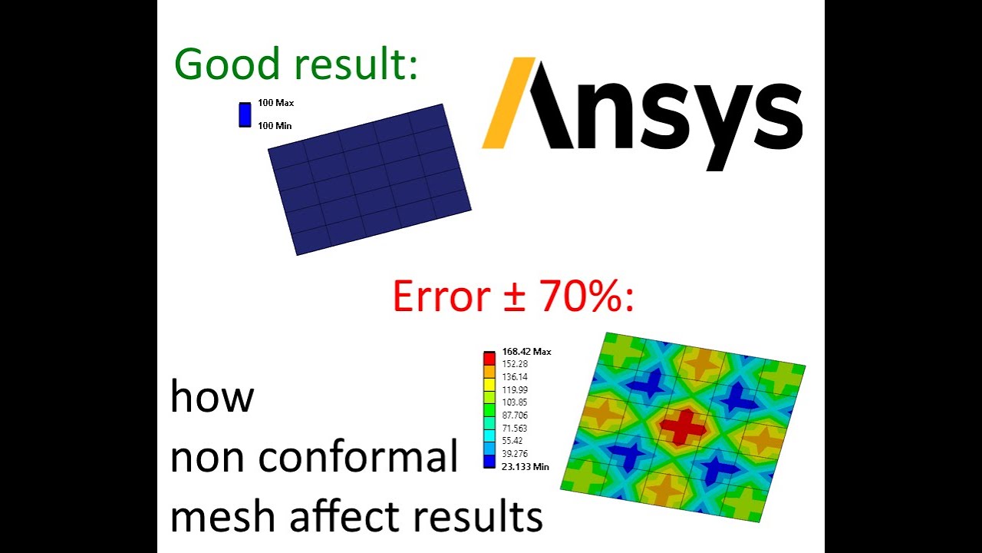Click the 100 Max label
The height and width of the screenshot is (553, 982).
click(x=275, y=103)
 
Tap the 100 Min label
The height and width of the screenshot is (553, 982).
click(x=275, y=126)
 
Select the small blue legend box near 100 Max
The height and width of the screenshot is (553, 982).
click(x=245, y=114)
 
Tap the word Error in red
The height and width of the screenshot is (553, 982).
click(x=441, y=296)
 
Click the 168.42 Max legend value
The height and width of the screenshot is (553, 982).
click(x=526, y=352)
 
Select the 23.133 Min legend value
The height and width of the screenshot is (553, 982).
click(x=526, y=466)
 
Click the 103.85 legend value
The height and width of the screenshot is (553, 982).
click(x=515, y=402)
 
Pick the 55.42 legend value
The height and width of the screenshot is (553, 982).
click(x=512, y=441)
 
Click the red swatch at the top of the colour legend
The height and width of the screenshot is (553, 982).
click(x=489, y=357)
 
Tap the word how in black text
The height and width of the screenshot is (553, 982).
click(x=212, y=397)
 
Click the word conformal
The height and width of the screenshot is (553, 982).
click(x=358, y=458)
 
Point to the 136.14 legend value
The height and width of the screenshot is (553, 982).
click(x=515, y=377)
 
